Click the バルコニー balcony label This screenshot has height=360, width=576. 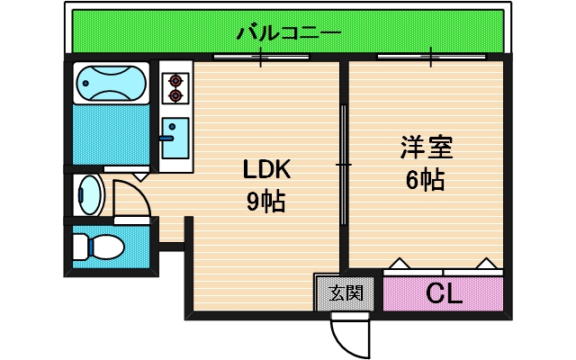[x=288, y=35]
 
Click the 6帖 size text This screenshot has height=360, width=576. [x=425, y=180]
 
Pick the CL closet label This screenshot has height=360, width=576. [x=444, y=293]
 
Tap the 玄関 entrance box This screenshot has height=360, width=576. [x=346, y=292]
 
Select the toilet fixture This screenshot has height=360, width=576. [x=98, y=246]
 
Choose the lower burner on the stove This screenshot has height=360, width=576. [x=175, y=94]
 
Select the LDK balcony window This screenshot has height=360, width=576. [x=261, y=58]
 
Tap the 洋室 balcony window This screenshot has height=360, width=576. [x=429, y=58]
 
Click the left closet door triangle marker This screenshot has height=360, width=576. [x=399, y=264]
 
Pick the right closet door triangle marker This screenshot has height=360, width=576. [x=487, y=264]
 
